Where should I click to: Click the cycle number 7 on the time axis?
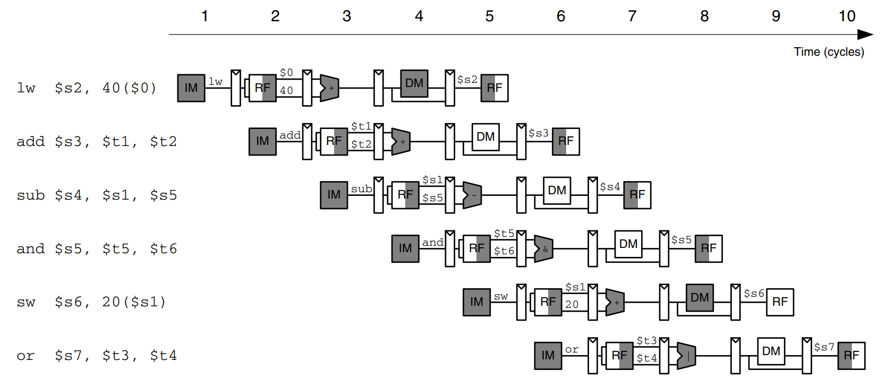[x=632, y=16]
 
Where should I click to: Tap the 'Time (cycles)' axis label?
[x=829, y=52]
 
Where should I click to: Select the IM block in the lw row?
[x=191, y=88]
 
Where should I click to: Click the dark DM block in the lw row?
[x=414, y=83]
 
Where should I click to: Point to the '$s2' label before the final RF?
[x=467, y=80]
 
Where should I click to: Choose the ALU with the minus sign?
[x=472, y=195]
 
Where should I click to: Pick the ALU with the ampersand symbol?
[x=543, y=249]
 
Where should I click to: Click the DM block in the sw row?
[x=700, y=298]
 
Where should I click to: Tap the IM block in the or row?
[x=548, y=356]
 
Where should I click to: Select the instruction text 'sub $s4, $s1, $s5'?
[x=97, y=195]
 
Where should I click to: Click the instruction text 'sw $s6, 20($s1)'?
[x=91, y=302]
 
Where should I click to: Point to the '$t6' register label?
[x=504, y=251]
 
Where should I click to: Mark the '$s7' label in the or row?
[x=824, y=347]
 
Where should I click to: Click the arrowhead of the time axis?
[x=866, y=35]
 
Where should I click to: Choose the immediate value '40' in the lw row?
[x=286, y=91]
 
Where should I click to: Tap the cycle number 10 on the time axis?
[x=847, y=16]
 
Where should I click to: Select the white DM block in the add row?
[x=485, y=137]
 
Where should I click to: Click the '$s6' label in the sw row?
[x=754, y=294]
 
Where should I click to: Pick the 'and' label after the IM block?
[x=433, y=243]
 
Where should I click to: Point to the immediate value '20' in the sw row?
[x=572, y=305]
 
